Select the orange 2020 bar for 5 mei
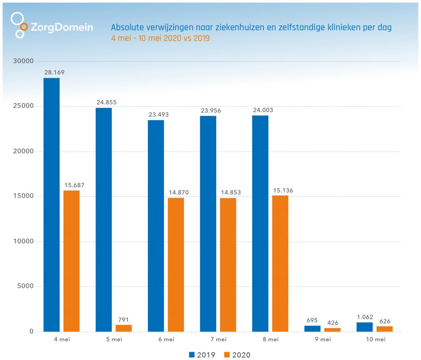(x=123, y=328)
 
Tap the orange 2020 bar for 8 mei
(x=280, y=263)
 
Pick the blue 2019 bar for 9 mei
(x=312, y=328)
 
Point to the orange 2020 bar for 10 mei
(x=384, y=329)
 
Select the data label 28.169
(x=54, y=72)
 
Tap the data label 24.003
(x=263, y=110)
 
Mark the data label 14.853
(x=231, y=192)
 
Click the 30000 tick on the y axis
(x=22, y=61)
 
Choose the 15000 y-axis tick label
(x=22, y=196)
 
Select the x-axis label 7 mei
(x=218, y=339)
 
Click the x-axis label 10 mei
(x=375, y=339)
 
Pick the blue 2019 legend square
(x=192, y=355)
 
